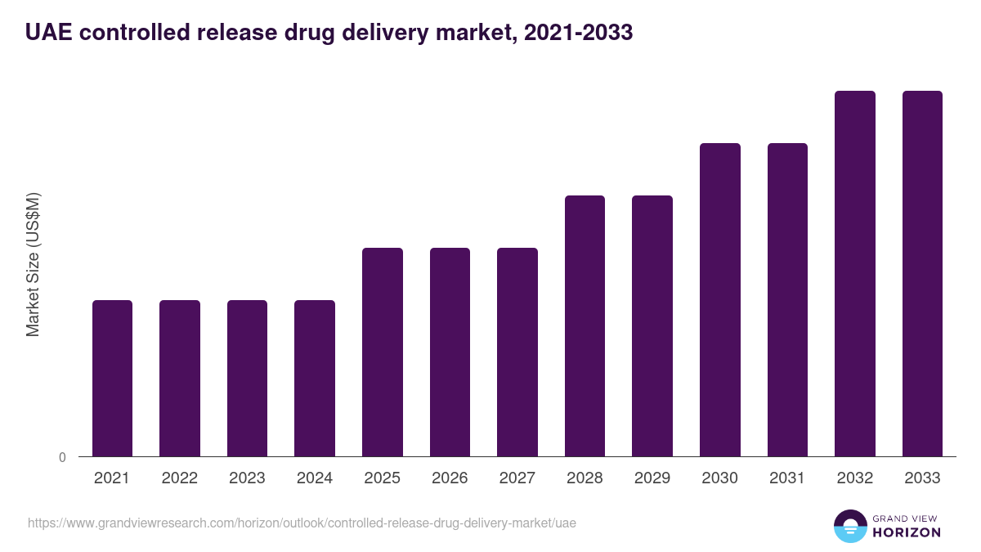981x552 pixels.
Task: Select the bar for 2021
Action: tap(112, 378)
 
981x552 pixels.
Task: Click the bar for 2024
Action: tap(315, 378)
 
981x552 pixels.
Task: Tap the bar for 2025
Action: tap(383, 352)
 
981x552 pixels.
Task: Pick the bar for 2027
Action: tap(517, 352)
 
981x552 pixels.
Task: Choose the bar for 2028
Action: tap(585, 325)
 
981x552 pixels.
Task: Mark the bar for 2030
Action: tap(720, 299)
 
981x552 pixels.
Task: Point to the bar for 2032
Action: tap(855, 273)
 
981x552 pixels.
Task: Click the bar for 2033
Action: tap(922, 273)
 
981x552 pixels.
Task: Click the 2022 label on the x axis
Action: tap(180, 478)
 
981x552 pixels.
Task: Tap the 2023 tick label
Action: tap(247, 478)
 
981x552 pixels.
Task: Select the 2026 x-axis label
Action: tap(450, 478)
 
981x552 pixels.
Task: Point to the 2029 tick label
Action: tap(652, 478)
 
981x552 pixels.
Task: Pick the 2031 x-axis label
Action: tap(787, 478)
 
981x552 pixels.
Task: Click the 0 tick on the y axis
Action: tap(62, 458)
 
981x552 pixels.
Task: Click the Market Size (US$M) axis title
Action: tap(33, 264)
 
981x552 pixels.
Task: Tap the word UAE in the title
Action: tap(46, 33)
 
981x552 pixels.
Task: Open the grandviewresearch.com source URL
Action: tap(302, 523)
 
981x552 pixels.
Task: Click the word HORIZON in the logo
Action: tap(907, 532)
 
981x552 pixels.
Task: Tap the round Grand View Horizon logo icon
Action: tap(850, 526)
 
